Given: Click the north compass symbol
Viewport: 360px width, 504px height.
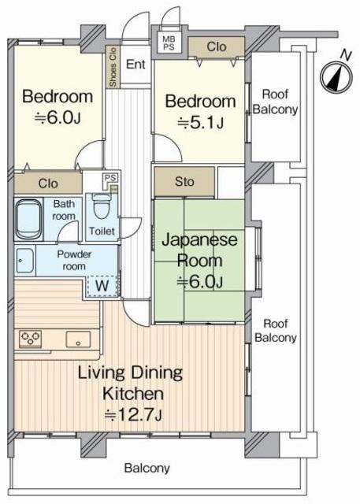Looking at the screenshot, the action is (x=336, y=77).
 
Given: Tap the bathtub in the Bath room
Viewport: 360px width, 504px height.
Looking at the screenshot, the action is (x=28, y=219).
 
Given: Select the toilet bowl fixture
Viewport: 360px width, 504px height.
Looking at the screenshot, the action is (x=102, y=206).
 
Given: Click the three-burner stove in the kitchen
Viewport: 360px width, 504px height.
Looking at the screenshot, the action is (x=30, y=339).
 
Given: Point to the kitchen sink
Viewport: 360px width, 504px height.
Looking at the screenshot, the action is (x=78, y=339).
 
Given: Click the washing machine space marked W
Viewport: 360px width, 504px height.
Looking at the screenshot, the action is (x=102, y=286).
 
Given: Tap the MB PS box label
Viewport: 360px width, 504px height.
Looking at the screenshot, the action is (x=169, y=43).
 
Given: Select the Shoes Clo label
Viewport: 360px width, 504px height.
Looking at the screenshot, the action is (x=113, y=67).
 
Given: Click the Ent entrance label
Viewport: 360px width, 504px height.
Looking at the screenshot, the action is (x=135, y=65).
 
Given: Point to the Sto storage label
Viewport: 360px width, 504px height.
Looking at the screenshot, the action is (x=184, y=182).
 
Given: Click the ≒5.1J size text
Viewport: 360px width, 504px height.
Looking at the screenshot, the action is (x=201, y=123).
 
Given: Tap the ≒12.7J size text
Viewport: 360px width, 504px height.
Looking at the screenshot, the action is (x=133, y=415).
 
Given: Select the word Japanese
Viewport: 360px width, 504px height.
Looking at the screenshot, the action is (x=199, y=240).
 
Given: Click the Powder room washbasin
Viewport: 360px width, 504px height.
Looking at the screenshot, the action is (x=24, y=261).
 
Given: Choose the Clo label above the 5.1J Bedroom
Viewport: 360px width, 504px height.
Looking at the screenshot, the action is (x=217, y=47).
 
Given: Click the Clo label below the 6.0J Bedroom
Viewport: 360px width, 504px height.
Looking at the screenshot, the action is (x=48, y=183).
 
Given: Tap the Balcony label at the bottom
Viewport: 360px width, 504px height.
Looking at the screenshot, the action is (x=147, y=468).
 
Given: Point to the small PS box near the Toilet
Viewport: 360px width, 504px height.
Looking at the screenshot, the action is (x=110, y=178).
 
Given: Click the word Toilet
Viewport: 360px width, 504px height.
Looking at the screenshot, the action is (x=102, y=231).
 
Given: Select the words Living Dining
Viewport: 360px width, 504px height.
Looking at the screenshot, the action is (x=131, y=372).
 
